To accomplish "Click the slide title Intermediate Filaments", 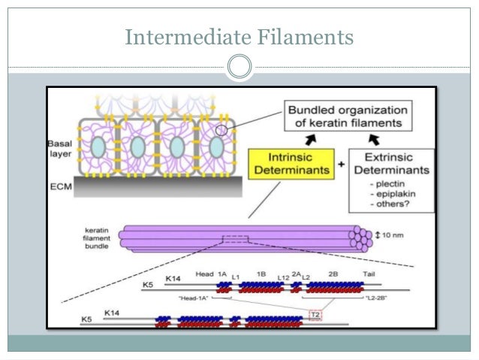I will coord(239,36).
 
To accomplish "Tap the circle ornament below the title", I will coord(239,67).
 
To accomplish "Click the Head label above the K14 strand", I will coord(203,275).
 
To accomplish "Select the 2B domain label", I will coord(332,275).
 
